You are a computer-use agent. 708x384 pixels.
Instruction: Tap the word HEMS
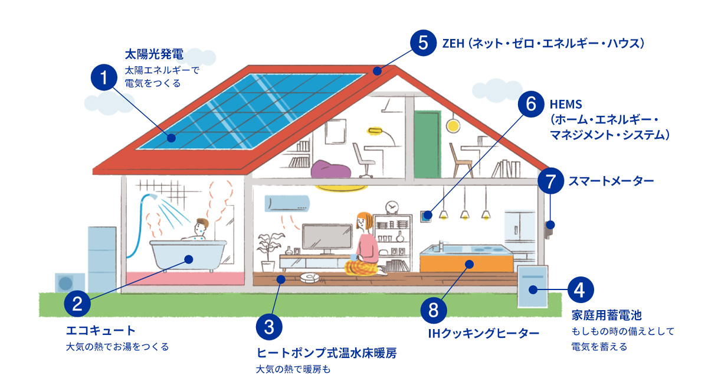[565, 105]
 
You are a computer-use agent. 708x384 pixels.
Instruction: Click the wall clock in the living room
[391, 207]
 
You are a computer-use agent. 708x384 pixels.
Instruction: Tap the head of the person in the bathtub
[201, 226]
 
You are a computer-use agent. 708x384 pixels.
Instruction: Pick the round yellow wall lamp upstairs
[453, 125]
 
